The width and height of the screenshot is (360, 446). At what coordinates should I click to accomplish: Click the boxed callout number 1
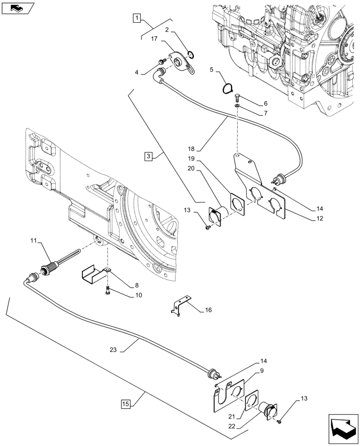(x=137, y=18)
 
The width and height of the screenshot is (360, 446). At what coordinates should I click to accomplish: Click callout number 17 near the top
(x=154, y=40)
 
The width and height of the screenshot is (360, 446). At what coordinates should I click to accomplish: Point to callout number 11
(x=33, y=241)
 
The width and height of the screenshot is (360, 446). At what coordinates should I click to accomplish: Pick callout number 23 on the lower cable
(x=114, y=350)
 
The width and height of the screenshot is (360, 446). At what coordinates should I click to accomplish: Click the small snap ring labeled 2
(x=191, y=55)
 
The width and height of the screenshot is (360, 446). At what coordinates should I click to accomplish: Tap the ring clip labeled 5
(x=227, y=88)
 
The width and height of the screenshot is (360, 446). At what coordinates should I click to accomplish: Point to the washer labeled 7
(x=237, y=105)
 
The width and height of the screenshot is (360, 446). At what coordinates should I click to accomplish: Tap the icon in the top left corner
(x=18, y=7)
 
